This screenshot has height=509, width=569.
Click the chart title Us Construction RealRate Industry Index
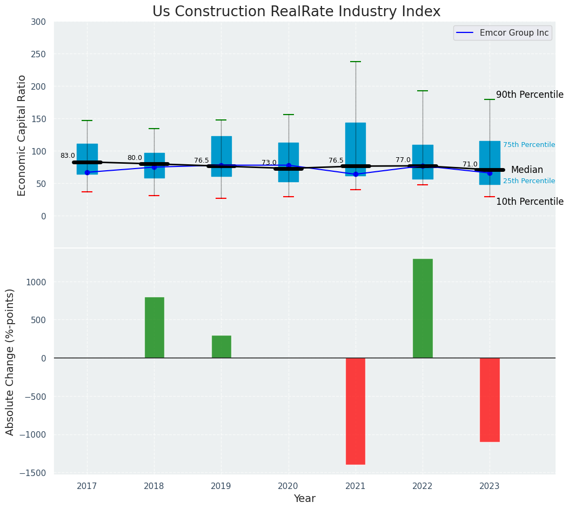[296, 12]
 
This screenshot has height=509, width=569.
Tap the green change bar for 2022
[423, 308]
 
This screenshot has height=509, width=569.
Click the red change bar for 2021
[356, 411]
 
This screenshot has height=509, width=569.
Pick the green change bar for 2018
[155, 327]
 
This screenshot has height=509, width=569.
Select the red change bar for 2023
[490, 400]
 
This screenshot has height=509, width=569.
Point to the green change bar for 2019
[222, 346]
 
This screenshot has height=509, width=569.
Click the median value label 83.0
[68, 156]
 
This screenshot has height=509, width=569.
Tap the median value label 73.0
[269, 163]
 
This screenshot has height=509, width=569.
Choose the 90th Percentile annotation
[530, 95]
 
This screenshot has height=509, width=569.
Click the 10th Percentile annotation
[530, 202]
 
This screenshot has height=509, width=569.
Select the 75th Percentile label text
[529, 145]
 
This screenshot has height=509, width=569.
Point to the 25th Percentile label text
[529, 181]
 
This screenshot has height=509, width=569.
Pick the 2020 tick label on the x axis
[289, 486]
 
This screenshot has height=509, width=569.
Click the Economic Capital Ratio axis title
[22, 135]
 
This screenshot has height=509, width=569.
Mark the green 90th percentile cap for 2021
[356, 62]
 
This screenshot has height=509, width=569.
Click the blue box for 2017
[87, 159]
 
